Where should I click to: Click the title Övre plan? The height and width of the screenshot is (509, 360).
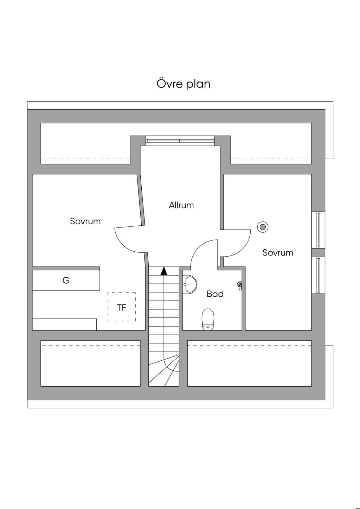tap(183, 84)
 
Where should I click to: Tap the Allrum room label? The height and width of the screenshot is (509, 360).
tap(181, 205)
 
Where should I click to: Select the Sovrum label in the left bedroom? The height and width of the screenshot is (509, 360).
tap(85, 221)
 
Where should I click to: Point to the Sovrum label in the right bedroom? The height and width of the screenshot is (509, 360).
tap(278, 252)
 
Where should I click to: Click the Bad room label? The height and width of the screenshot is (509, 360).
tap(215, 294)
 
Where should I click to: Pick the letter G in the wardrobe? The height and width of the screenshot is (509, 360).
tap(66, 281)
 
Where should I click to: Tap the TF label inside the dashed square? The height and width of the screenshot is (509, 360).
tap(121, 308)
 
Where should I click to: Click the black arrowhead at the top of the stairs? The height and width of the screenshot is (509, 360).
tap(164, 271)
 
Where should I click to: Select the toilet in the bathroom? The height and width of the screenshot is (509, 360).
tap(208, 319)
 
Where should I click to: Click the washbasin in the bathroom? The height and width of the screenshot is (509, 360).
tap(190, 284)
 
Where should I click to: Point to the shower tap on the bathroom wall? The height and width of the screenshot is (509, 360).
tap(239, 286)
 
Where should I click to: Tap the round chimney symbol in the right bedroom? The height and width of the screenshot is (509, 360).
tap(263, 227)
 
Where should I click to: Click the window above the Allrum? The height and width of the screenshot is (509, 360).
tap(180, 141)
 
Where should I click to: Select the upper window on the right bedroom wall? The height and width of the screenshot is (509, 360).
tap(319, 230)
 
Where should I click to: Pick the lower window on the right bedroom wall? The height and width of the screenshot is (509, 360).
tap(319, 275)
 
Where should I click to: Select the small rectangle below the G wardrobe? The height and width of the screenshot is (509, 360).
tap(64, 324)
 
